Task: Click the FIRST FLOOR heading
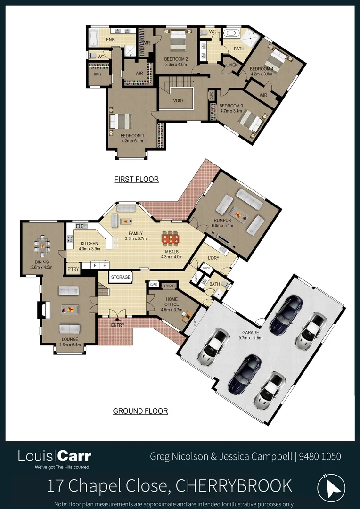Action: tap(136, 179)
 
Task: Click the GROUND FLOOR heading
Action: tap(140, 411)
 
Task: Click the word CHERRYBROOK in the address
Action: tap(234, 485)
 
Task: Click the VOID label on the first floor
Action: tap(178, 101)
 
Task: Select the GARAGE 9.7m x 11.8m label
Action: tap(251, 335)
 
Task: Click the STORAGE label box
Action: tap(121, 277)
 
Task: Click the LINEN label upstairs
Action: tap(231, 65)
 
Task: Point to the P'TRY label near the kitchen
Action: tap(73, 269)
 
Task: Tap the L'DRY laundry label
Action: tap(214, 258)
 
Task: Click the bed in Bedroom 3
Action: tap(250, 122)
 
